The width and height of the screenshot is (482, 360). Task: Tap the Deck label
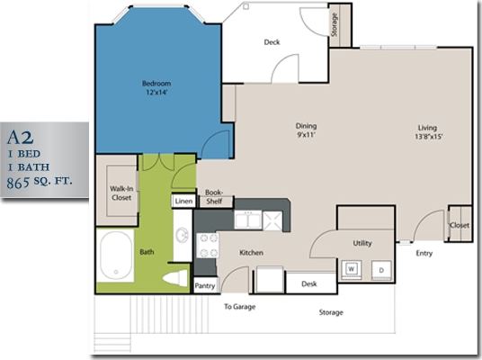tap(272, 42)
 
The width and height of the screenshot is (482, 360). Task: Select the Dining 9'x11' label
tap(307, 130)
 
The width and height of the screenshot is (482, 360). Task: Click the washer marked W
tap(350, 268)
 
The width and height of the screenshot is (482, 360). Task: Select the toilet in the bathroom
tap(175, 278)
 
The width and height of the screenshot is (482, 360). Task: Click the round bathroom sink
tap(182, 236)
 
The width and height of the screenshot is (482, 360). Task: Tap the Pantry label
tap(205, 286)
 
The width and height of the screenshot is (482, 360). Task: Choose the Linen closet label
tap(183, 201)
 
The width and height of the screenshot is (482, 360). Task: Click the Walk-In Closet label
tap(121, 193)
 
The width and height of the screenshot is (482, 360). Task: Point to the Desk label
tap(309, 283)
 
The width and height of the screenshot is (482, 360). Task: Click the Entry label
tap(424, 253)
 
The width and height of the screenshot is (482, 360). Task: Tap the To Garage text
tap(240, 307)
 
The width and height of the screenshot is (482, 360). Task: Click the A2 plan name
tap(21, 138)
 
